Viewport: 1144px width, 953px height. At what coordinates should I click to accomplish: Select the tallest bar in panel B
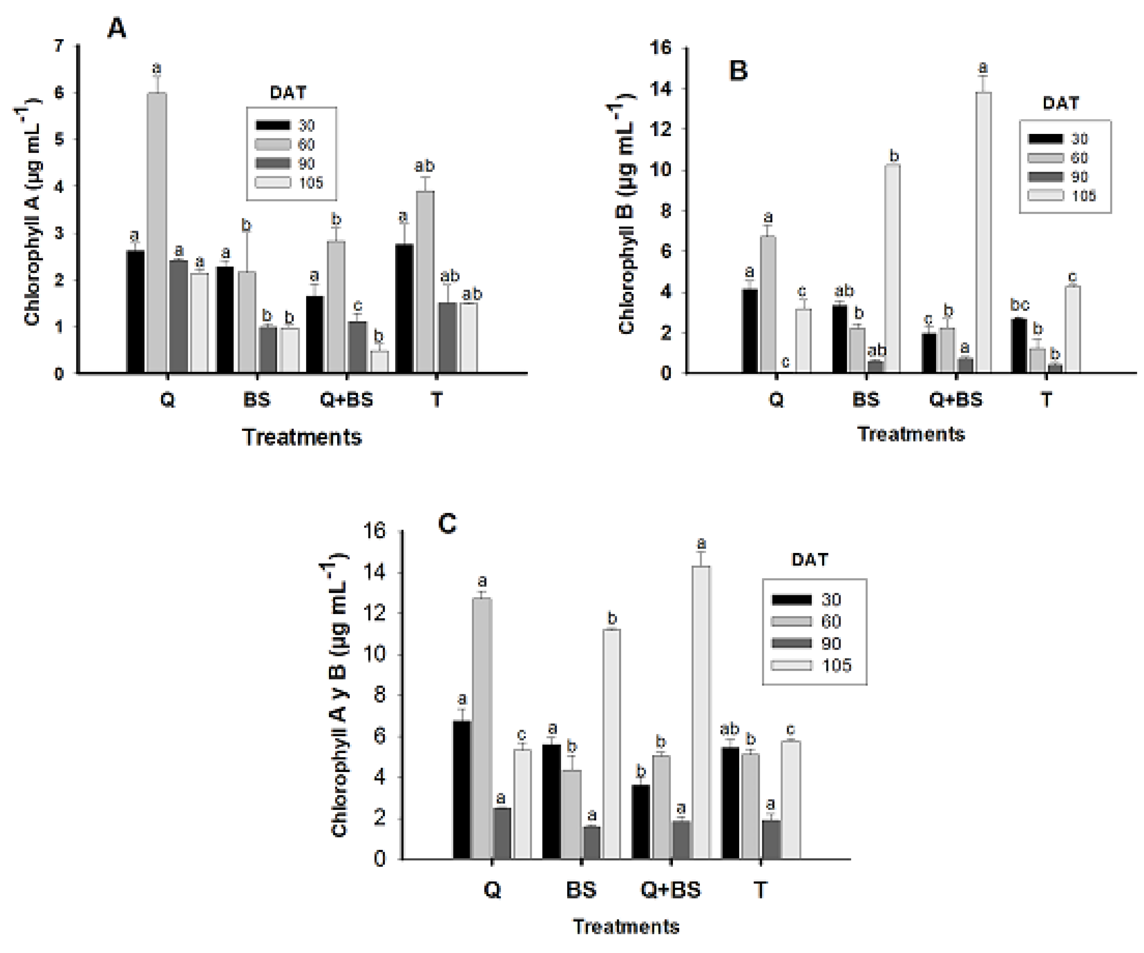(983, 234)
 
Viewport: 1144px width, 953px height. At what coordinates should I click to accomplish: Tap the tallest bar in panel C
(701, 714)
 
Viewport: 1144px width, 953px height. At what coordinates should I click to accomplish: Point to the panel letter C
(447, 524)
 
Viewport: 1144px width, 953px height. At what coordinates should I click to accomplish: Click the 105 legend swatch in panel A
(273, 182)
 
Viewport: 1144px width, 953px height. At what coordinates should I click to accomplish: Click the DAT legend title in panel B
(1060, 103)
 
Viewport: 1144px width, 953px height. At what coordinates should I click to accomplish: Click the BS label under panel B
(866, 400)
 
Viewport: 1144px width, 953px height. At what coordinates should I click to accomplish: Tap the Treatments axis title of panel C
(626, 927)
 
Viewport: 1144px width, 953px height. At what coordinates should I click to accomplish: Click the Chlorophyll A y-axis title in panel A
(32, 213)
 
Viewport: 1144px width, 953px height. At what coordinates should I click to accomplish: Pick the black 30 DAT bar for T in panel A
(404, 309)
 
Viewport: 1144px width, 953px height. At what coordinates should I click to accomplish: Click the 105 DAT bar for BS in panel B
(892, 270)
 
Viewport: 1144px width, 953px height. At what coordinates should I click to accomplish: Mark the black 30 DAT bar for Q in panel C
(462, 790)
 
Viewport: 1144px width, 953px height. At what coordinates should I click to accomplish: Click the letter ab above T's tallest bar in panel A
(424, 166)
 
